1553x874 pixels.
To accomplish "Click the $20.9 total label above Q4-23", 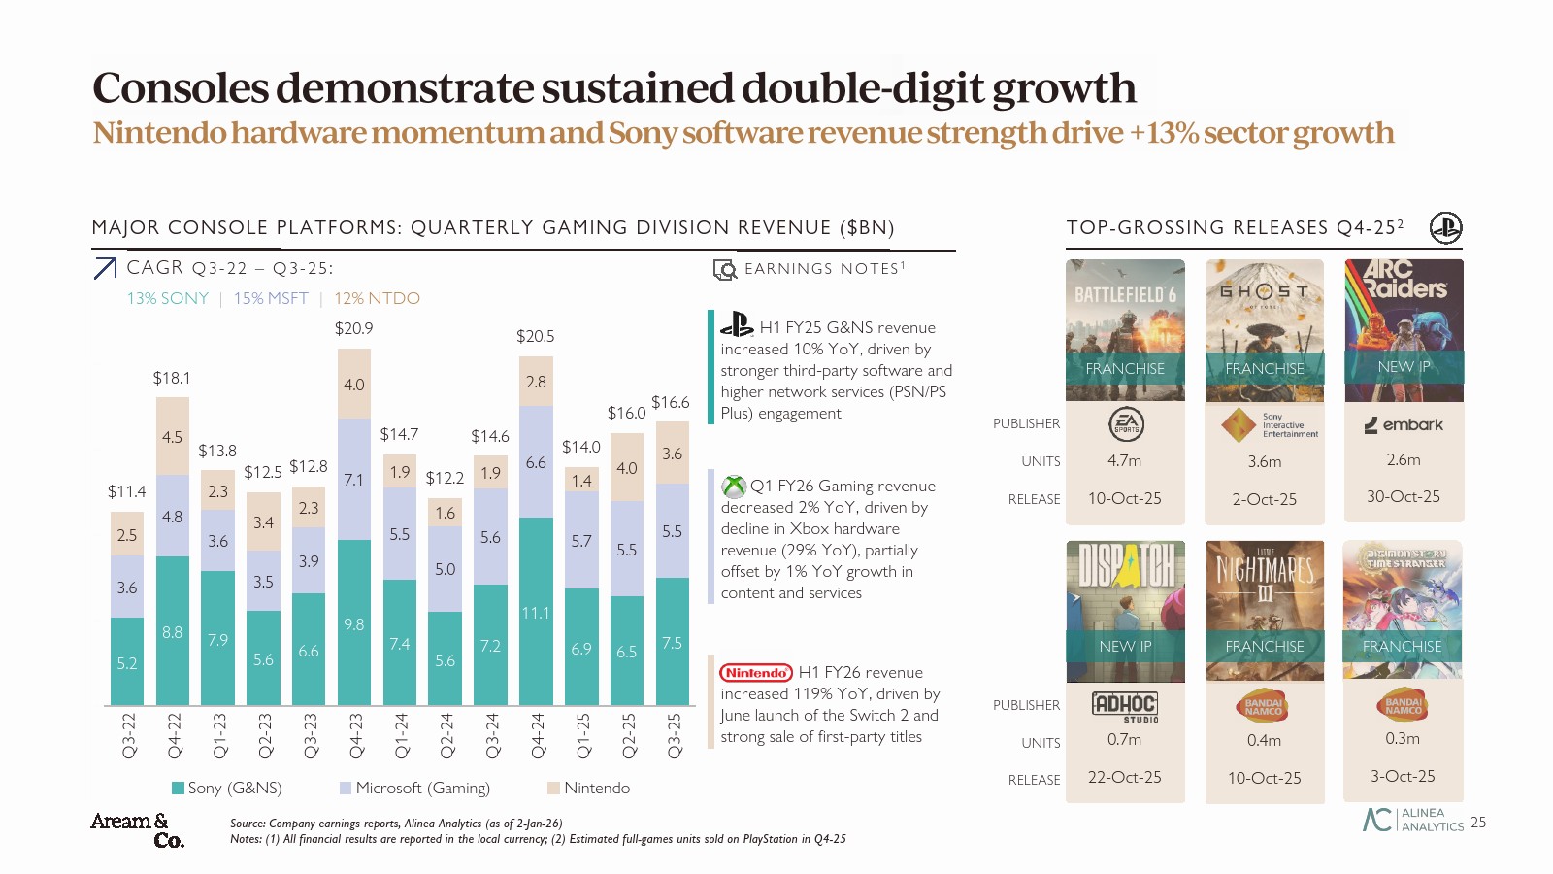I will (x=354, y=328).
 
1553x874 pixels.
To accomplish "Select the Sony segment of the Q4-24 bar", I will (x=536, y=611).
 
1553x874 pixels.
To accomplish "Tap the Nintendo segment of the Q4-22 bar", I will (x=172, y=436).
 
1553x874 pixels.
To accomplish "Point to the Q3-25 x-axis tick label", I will (x=673, y=735).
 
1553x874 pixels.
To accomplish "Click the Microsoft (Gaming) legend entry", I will (x=422, y=788).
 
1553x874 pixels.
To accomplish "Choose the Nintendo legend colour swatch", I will (x=553, y=788).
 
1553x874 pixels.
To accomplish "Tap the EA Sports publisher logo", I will (x=1126, y=424).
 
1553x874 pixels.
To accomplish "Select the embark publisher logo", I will (x=1404, y=424).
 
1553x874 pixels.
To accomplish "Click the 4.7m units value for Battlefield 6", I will (x=1124, y=460).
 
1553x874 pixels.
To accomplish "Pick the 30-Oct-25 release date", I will (x=1404, y=496).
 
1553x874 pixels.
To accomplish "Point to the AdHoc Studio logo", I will (x=1125, y=705).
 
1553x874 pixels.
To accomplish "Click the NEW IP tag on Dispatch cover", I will (x=1125, y=646).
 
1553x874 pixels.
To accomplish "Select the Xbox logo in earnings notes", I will (x=734, y=486).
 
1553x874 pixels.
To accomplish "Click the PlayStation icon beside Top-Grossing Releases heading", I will (x=1445, y=227).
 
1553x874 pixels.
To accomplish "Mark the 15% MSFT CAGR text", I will (x=271, y=298).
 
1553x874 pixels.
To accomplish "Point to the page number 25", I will (x=1478, y=822).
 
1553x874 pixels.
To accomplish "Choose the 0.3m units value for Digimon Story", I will (x=1403, y=738).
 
